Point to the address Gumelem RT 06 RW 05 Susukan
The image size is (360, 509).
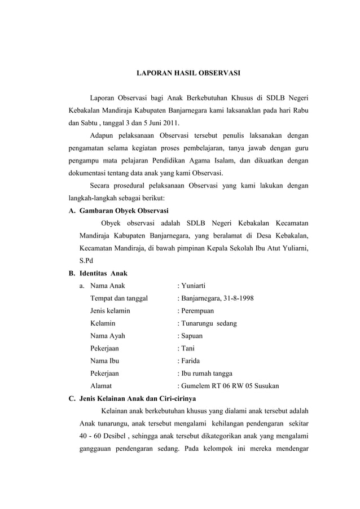(x=230, y=386)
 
